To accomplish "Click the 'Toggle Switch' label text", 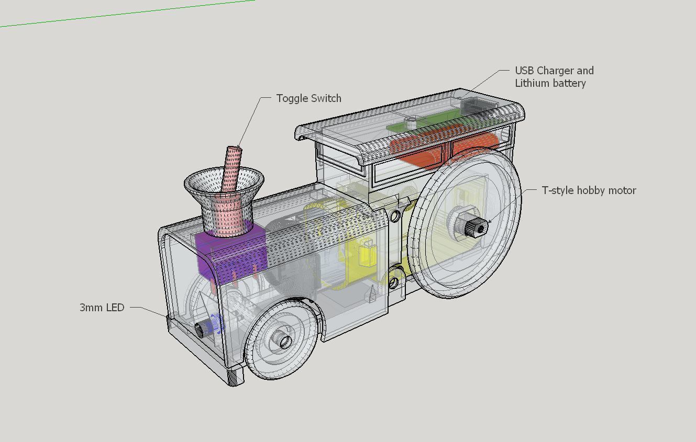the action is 309,98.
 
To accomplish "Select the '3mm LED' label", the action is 102,307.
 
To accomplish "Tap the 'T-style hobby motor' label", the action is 589,190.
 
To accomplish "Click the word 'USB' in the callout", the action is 525,71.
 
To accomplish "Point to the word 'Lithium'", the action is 533,83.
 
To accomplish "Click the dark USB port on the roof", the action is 476,105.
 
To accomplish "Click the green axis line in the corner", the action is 127,14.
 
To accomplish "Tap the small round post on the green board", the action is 411,123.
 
